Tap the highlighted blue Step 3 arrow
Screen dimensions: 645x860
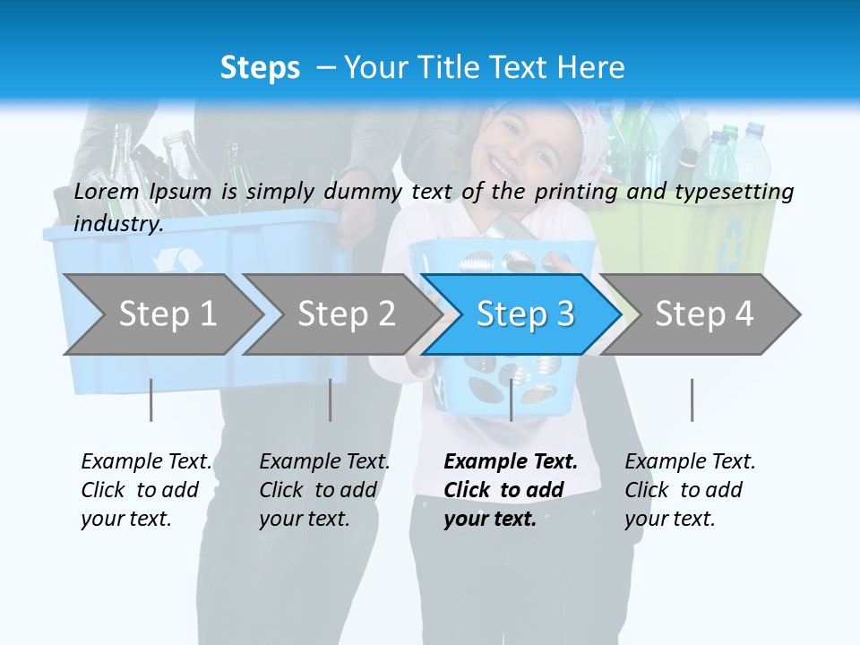pyautogui.click(x=525, y=314)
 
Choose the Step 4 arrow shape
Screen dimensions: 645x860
pyautogui.click(x=704, y=314)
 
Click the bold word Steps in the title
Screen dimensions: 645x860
pyautogui.click(x=260, y=67)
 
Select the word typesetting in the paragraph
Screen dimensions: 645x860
pyautogui.click(x=736, y=191)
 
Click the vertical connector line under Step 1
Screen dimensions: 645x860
pyautogui.click(x=150, y=400)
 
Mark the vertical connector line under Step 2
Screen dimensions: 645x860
pyautogui.click(x=330, y=400)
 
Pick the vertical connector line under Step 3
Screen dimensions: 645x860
pyautogui.click(x=511, y=400)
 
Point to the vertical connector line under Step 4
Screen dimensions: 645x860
pyautogui.click(x=692, y=400)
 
